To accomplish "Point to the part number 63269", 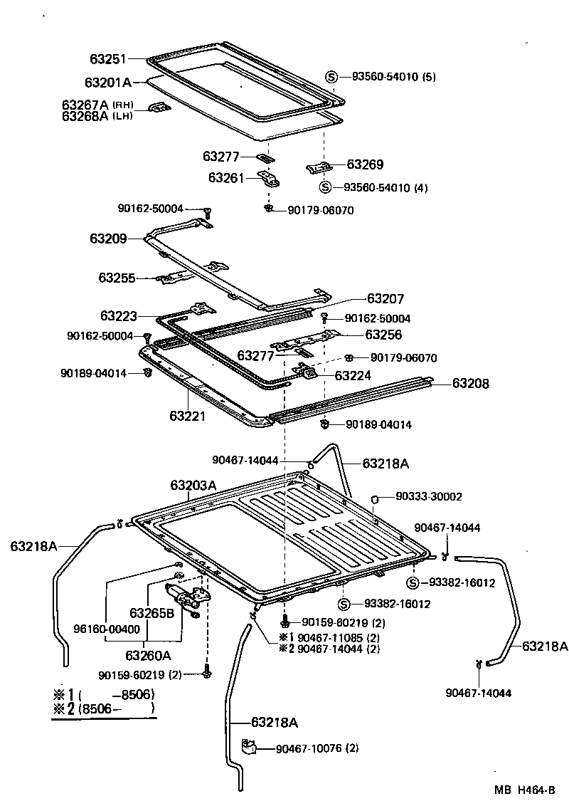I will click(365, 164).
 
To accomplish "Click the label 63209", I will click(108, 239).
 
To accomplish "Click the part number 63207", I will click(385, 299).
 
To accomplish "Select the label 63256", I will click(383, 334).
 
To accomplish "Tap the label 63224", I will click(353, 375).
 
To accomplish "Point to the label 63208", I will click(471, 383).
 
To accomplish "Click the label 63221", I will click(187, 414).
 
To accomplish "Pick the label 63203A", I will click(193, 486).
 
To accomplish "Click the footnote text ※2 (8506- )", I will click(103, 709).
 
